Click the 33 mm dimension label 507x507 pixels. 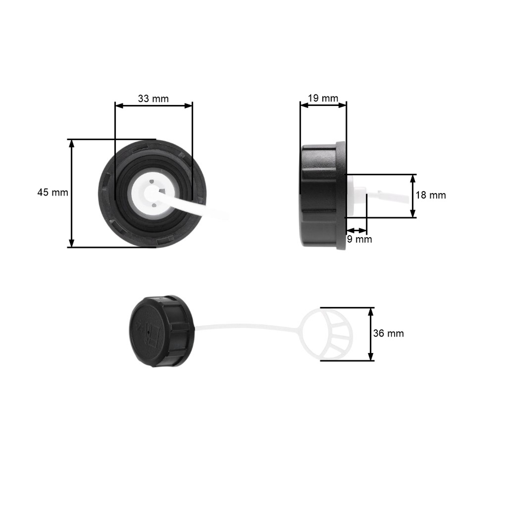pos(153,99)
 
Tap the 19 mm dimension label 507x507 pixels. pos(323,98)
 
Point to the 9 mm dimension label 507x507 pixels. pos(359,239)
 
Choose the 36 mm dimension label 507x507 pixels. pos(388,334)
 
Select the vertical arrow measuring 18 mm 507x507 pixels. pos(413,196)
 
